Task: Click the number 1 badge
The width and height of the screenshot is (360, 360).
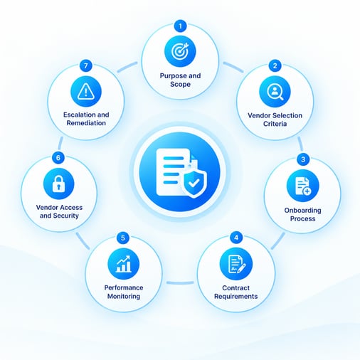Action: (180, 26)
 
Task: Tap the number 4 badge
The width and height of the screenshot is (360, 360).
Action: (236, 238)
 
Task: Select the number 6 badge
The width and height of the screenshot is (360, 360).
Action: (58, 158)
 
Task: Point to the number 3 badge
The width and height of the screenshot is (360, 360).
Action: (303, 159)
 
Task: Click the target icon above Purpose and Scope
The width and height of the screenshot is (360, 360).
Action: (180, 51)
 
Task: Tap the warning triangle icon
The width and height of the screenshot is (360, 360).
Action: (86, 91)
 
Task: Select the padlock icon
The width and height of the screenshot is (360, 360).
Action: (59, 184)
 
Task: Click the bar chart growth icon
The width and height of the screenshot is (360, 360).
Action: (123, 264)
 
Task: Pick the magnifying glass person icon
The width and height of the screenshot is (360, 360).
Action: (275, 92)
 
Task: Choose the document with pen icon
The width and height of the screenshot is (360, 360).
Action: (236, 264)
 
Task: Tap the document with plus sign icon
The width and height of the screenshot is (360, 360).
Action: (303, 186)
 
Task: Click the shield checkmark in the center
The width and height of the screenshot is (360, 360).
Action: (194, 184)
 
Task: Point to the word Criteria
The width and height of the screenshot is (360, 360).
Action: (275, 124)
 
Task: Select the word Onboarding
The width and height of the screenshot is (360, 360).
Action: (303, 211)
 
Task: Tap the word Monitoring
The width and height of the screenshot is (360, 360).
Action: (124, 297)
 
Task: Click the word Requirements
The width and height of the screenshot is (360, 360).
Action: (236, 297)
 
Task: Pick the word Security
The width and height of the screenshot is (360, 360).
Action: (66, 216)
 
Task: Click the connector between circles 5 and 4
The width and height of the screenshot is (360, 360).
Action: (180, 282)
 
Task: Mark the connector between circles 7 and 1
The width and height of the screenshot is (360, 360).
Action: (127, 67)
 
